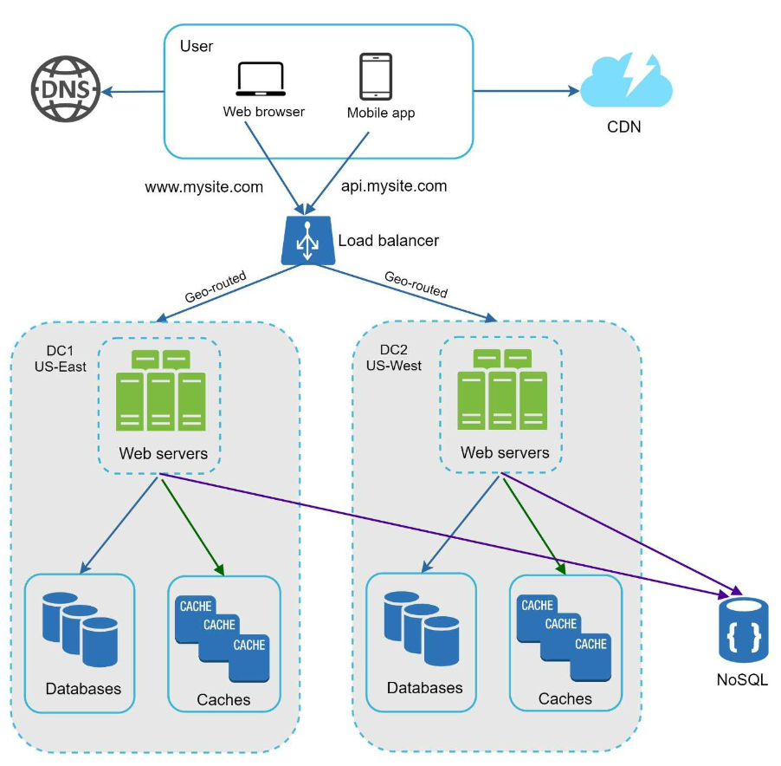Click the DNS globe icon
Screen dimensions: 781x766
pos(66,89)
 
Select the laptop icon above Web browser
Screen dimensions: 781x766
pos(261,79)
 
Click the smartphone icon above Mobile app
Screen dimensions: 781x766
pos(376,77)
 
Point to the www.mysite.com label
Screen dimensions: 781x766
pos(203,187)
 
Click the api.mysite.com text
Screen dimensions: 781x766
pos(393,186)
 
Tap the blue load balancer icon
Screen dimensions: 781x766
pos(308,241)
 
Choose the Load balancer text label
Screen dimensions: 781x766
pos(389,241)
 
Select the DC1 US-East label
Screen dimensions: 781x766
pos(61,359)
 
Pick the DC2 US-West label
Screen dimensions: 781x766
pos(393,358)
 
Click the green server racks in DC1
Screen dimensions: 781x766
pos(160,390)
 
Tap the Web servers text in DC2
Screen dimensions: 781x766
pos(505,452)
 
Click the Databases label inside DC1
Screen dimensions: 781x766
pos(83,689)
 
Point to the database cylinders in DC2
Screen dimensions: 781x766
pos(422,628)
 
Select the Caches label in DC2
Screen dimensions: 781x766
pos(565,698)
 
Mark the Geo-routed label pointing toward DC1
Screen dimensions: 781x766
pos(216,287)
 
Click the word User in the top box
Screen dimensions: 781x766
pos(197,46)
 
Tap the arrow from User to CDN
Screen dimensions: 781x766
pos(526,91)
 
